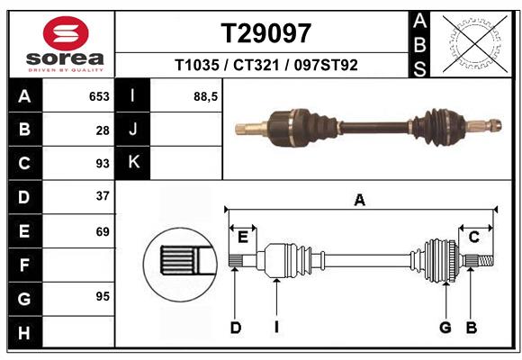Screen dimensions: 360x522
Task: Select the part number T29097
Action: point(265,33)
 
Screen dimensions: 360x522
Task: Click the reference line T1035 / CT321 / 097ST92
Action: point(265,65)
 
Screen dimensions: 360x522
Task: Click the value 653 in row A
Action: point(99,96)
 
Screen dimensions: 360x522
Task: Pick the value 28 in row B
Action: point(103,130)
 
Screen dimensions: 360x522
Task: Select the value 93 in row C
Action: point(102,164)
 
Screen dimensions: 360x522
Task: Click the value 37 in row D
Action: point(102,196)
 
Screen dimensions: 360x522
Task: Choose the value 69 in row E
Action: point(102,231)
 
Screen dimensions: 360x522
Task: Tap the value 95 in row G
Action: point(102,296)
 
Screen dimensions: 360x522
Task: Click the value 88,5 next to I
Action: point(206,95)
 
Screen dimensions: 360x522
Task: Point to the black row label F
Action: point(24,265)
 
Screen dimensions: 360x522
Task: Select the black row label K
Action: point(133,162)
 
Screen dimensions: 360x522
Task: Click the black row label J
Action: point(133,129)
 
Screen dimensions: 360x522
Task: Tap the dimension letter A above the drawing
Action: point(360,201)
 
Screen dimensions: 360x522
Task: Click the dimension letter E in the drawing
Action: point(242,237)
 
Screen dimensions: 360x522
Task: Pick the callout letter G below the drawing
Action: point(445,328)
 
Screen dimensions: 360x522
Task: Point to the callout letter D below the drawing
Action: point(236,328)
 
